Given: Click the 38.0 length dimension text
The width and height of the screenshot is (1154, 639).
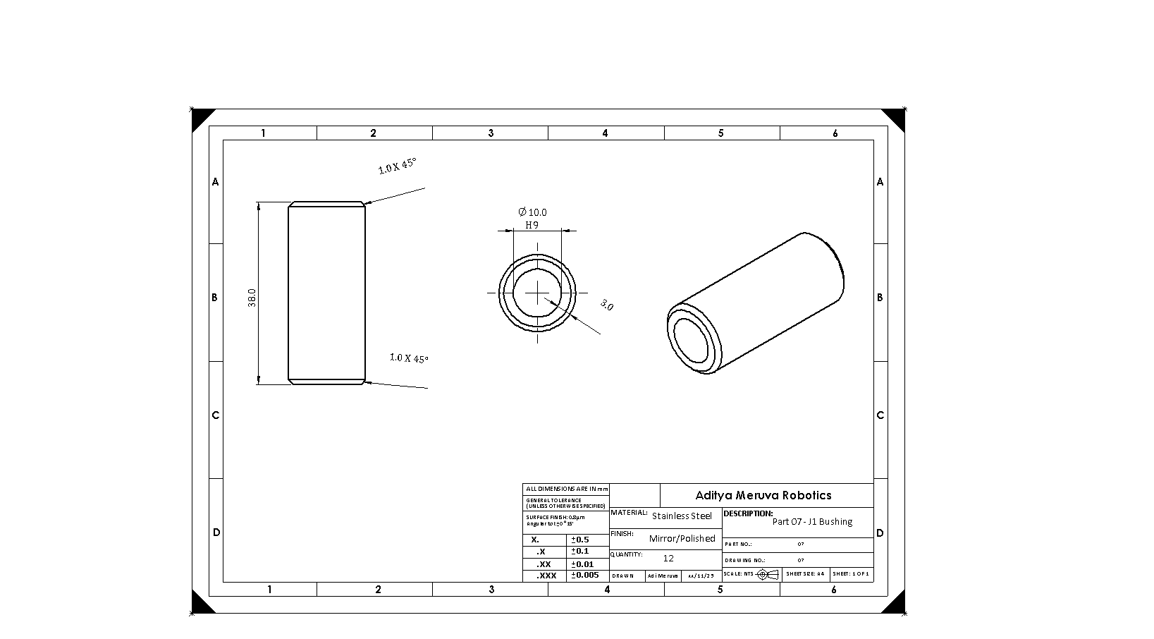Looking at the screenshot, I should pos(252,297).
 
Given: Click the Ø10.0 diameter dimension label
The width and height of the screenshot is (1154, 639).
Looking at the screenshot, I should pos(532,212).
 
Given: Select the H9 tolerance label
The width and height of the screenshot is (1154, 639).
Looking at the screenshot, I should pos(532,225).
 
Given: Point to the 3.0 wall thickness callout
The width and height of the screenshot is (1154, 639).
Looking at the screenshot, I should pos(606,305).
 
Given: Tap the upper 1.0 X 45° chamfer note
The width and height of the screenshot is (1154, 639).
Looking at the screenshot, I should pos(398,166).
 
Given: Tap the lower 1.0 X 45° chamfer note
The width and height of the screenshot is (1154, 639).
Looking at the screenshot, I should pos(409,358).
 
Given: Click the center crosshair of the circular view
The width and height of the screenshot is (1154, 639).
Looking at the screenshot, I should pos(539,292).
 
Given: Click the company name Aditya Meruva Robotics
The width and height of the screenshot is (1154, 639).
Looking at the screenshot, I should pos(763,495).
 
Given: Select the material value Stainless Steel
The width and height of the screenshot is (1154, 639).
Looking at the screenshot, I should pos(682,516).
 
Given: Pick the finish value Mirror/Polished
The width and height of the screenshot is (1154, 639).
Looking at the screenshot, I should pos(682,538).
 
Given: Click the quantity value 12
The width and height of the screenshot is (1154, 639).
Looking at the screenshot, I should pos(668,558).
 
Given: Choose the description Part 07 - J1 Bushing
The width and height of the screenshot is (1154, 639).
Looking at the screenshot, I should pos(812,522).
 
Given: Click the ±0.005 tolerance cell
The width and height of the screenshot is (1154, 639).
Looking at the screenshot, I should pos(585,575).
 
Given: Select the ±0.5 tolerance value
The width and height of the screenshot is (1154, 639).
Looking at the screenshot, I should pos(579,540).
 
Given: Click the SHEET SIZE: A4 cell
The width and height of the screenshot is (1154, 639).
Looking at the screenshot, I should pos(805,574).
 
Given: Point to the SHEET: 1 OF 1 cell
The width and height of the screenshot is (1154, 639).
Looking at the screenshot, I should pos(852,574).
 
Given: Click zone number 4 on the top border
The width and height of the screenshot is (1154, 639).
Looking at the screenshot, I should pos(605,133).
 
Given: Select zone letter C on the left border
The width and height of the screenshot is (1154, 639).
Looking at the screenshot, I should pos(216,415).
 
